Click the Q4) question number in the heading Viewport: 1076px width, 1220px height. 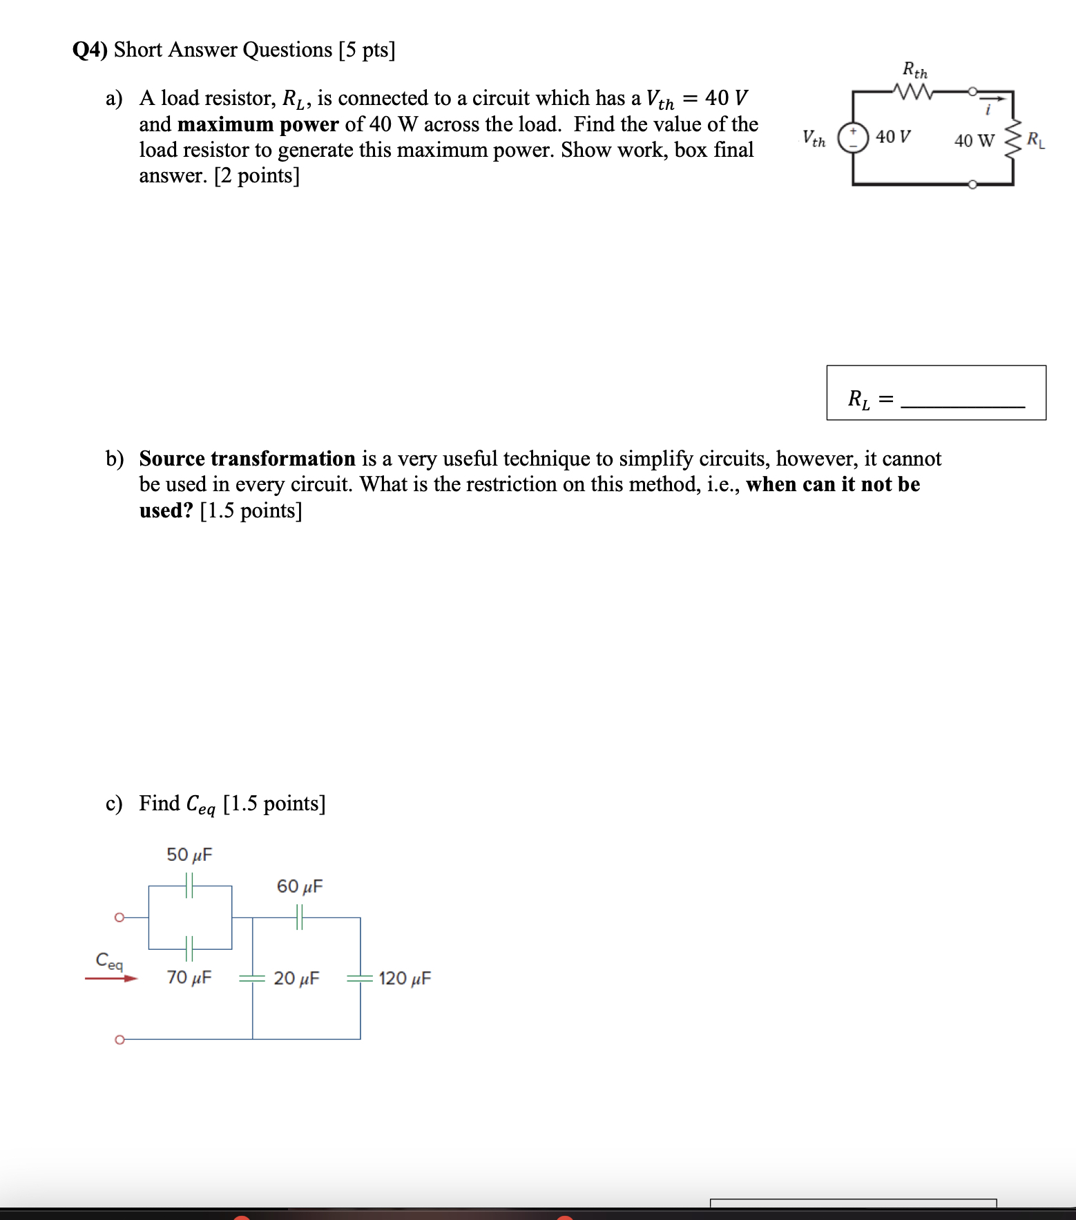click(90, 50)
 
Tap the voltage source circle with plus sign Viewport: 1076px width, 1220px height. click(853, 137)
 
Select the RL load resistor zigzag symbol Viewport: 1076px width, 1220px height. click(1013, 140)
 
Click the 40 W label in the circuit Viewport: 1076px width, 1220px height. click(974, 141)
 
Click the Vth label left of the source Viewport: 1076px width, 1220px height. click(814, 138)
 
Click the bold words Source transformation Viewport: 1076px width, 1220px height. click(247, 459)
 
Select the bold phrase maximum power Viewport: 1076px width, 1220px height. click(258, 124)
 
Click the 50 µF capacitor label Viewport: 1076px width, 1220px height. click(189, 855)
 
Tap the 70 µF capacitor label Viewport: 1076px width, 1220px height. click(189, 978)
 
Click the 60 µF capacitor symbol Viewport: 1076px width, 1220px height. click(300, 917)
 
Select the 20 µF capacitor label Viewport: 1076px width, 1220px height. click(296, 978)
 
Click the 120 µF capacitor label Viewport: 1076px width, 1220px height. click(405, 978)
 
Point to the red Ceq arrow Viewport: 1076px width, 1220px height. click(111, 978)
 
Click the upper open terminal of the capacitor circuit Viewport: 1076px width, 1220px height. click(119, 917)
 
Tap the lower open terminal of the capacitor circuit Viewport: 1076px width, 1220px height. click(119, 1039)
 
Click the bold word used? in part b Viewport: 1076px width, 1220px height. click(166, 511)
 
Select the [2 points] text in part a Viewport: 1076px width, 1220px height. click(257, 176)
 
